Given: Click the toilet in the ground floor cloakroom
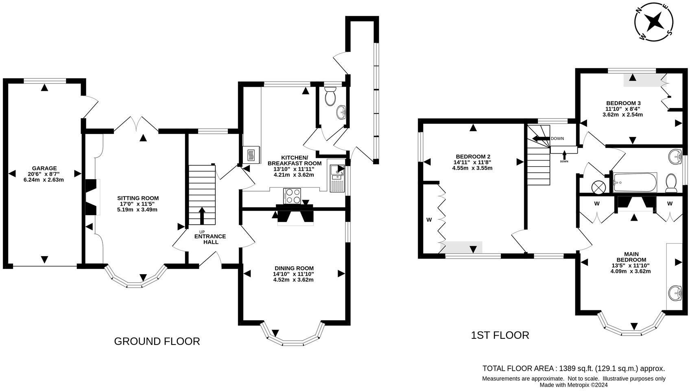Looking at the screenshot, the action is (330, 96).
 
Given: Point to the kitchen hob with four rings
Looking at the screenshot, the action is (292, 196).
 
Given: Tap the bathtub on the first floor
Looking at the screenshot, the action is (635, 182).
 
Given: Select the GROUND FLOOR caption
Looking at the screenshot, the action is (157, 341).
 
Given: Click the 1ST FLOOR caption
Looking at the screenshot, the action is (500, 335).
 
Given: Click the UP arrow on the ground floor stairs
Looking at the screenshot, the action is (202, 215).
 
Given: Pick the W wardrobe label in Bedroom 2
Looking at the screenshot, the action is (429, 220).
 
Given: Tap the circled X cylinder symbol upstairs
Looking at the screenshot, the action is (598, 187).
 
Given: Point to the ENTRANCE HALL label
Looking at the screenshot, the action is (210, 239).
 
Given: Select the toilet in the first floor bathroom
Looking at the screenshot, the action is (671, 183).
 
